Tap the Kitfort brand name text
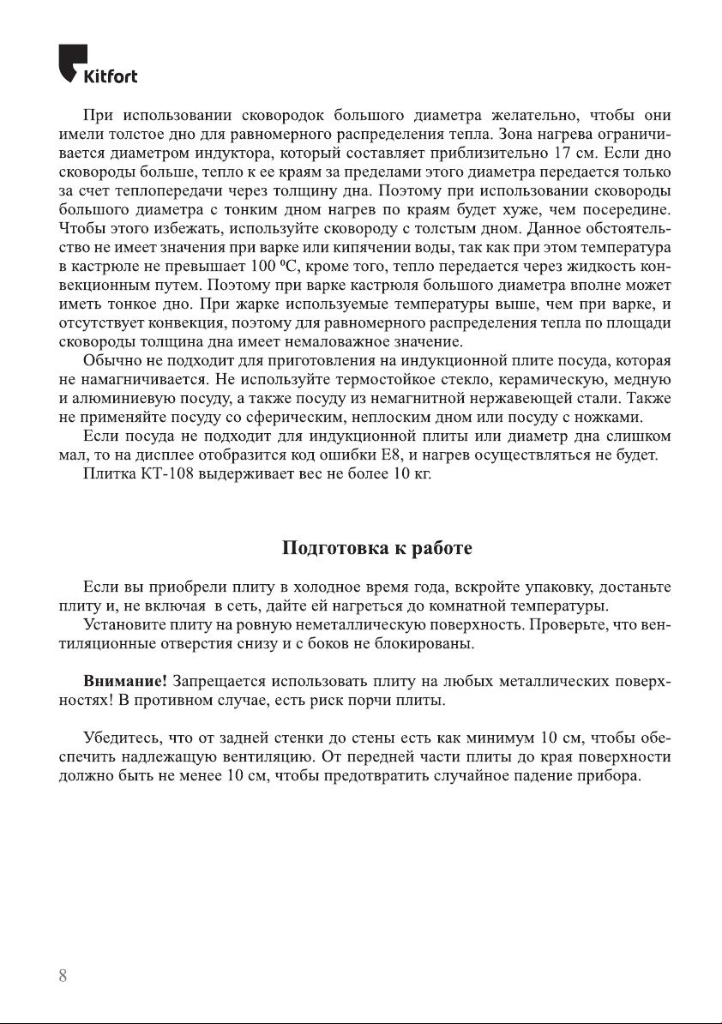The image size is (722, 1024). click(110, 77)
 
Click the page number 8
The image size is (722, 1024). click(63, 977)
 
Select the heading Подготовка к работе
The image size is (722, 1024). click(377, 548)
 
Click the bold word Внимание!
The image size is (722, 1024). click(125, 682)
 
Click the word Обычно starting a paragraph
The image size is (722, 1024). click(111, 361)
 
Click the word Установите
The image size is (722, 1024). click(123, 625)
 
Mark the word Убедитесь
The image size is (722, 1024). click(122, 738)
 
